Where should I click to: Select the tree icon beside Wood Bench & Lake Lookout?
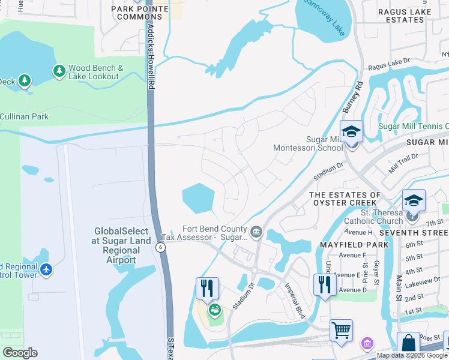(59, 71)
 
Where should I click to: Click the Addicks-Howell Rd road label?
(151, 57)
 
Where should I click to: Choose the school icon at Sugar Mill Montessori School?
(351, 133)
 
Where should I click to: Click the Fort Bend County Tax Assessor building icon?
(256, 232)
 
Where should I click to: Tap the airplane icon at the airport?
(46, 270)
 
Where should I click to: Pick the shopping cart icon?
(341, 329)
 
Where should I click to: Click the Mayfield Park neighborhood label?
(354, 245)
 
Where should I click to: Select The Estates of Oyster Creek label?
(345, 199)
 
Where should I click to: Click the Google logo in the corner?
(20, 353)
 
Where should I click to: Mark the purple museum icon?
(367, 344)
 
